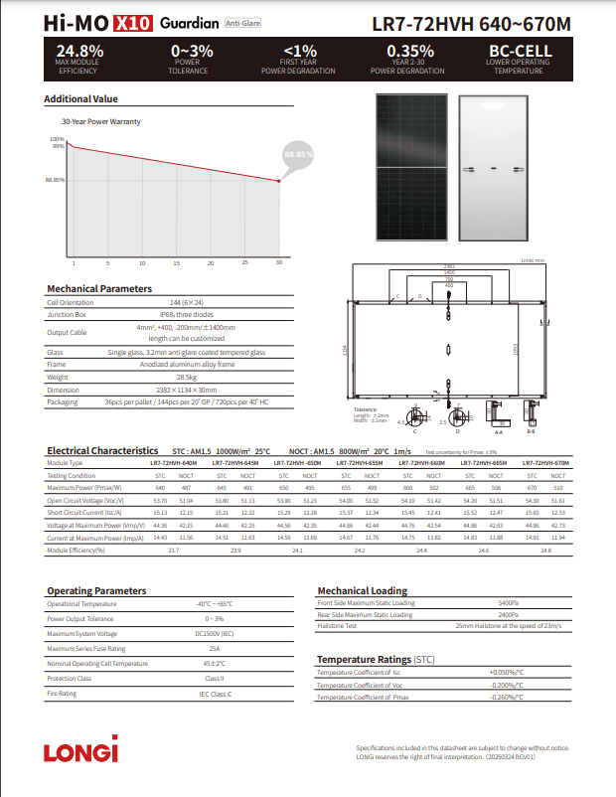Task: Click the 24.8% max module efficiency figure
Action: [x=77, y=51]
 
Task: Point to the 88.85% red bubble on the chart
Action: [x=298, y=155]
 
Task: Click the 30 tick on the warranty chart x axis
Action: [x=279, y=263]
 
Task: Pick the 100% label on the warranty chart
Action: [x=57, y=139]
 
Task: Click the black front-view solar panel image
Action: [x=413, y=167]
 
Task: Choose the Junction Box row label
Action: [x=66, y=314]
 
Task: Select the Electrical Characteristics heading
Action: [x=102, y=451]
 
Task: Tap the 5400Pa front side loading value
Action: [x=509, y=603]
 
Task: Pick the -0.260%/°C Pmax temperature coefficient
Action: [x=507, y=697]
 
